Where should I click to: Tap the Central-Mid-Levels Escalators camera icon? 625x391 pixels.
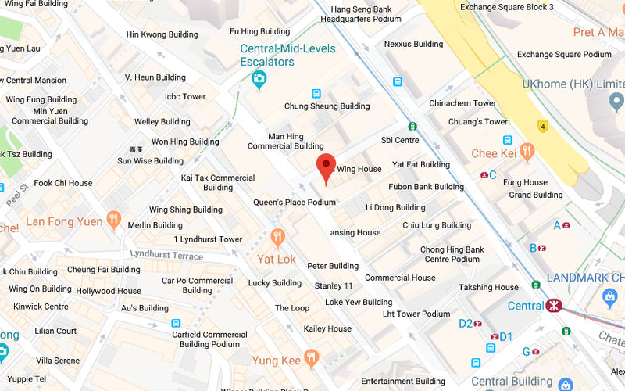pos(259,78)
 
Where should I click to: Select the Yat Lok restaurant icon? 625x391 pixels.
pos(277,237)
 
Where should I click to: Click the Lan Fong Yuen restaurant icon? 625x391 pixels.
pos(114,220)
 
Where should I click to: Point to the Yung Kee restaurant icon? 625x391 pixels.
pos(312,358)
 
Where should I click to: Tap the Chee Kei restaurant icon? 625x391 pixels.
pos(527,152)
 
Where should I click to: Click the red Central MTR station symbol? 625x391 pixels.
pos(553,305)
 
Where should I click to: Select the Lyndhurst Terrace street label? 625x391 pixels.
pos(166,255)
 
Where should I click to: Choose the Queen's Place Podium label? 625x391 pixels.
pos(294,202)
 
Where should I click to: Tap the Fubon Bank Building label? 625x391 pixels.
pos(426,187)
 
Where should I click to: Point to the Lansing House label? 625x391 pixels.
pos(353,232)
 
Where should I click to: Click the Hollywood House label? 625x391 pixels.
pos(109,291)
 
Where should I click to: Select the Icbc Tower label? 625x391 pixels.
pos(185,97)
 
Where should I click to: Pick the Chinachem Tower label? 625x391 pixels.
pos(462,103)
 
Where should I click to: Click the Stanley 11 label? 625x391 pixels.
pos(334,286)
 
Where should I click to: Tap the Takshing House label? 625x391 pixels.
pos(488,287)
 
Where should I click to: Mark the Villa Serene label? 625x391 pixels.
pos(58,361)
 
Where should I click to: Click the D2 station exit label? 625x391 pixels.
pos(466,323)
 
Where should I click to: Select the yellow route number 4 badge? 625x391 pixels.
pos(541,126)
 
